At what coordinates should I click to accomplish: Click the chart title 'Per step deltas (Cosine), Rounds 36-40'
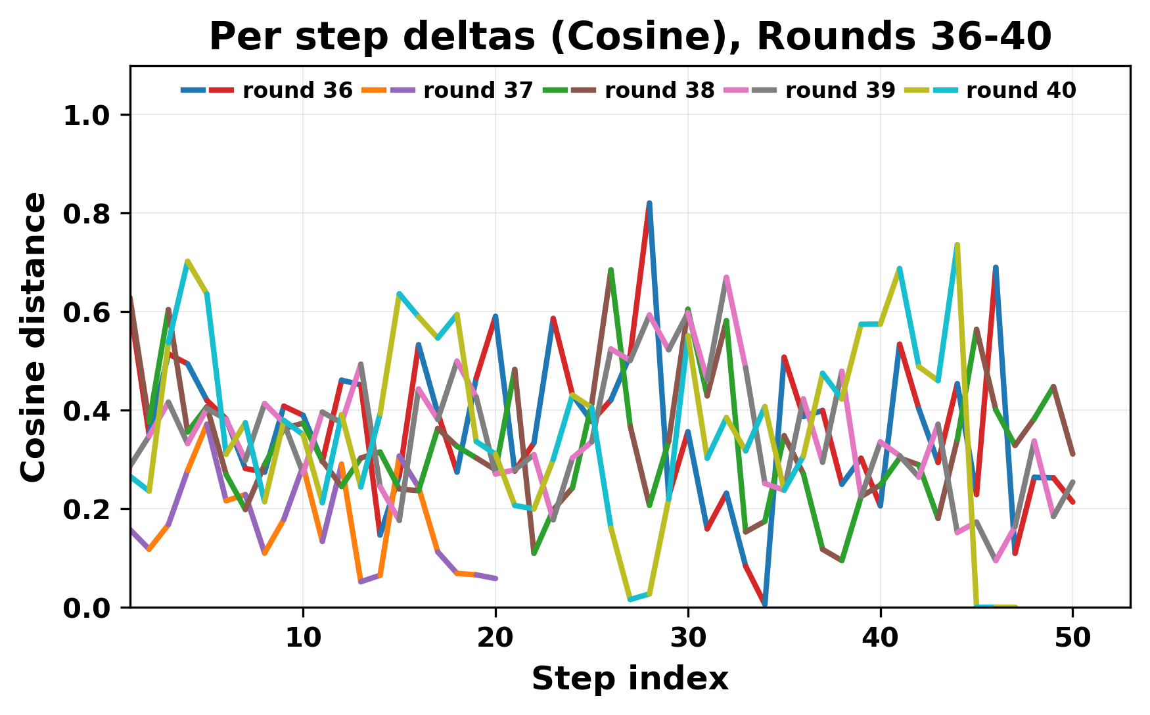coord(630,37)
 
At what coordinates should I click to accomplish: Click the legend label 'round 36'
coord(297,91)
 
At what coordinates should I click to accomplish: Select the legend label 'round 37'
coord(478,91)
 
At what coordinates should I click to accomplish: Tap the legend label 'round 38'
coord(659,91)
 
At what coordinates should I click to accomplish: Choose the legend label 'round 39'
coord(840,91)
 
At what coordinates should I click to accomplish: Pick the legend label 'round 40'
coord(1021,91)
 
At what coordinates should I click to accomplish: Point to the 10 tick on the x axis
coord(303,637)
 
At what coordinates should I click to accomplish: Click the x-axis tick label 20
coord(495,637)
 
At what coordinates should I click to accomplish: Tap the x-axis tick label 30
coord(688,637)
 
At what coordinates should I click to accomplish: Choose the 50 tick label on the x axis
coord(1073,637)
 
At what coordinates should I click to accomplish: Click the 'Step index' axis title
coord(630,679)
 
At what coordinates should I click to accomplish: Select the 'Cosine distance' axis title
coord(34,336)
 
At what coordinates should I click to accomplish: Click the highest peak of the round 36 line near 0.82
coord(649,204)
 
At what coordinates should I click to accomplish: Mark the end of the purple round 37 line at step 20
coord(495,578)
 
